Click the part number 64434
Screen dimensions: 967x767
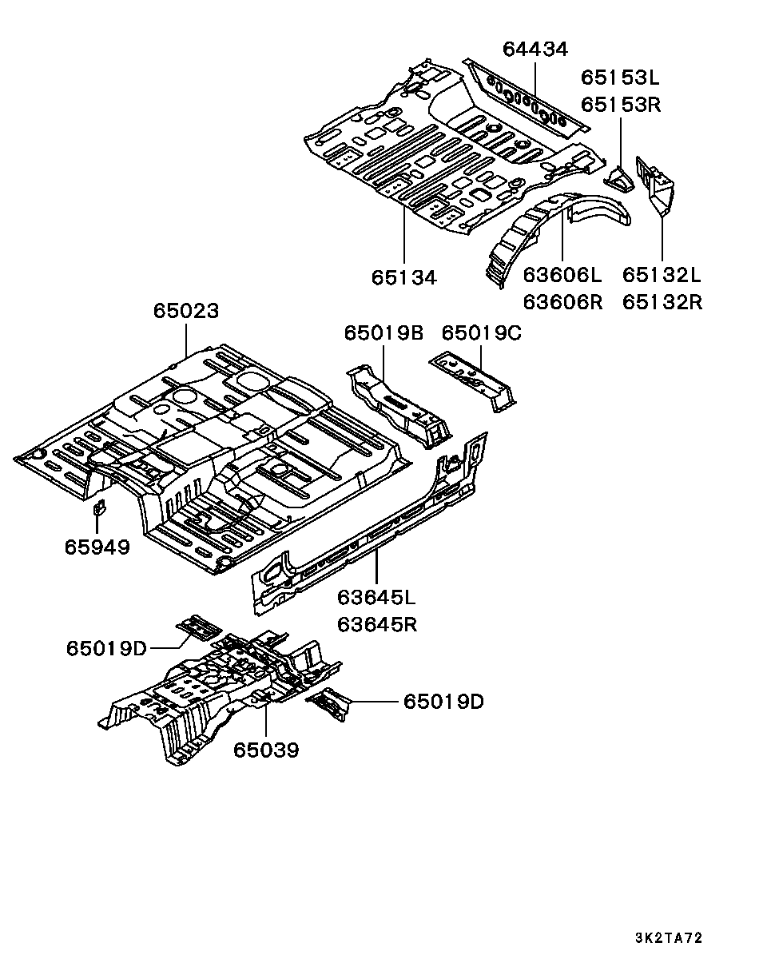pos(535,50)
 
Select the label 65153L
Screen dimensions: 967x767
pos(620,78)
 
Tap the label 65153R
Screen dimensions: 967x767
pos(620,105)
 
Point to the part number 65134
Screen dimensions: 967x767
pos(403,277)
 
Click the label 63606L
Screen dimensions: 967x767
pos(562,276)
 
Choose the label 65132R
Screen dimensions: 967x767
pos(662,303)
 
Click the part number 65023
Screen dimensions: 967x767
pos(186,312)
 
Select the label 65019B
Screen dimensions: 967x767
pos(383,333)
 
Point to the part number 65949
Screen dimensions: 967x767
pos(97,547)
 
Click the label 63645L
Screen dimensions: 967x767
pos(377,597)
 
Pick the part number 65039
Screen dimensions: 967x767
pos(266,750)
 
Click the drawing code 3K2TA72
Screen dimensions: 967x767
pos(669,937)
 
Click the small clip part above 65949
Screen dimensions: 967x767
pos(99,507)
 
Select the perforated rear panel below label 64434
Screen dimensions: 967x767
pos(527,99)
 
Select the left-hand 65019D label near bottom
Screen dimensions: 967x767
pos(106,648)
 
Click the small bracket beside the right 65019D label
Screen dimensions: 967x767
pos(330,702)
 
